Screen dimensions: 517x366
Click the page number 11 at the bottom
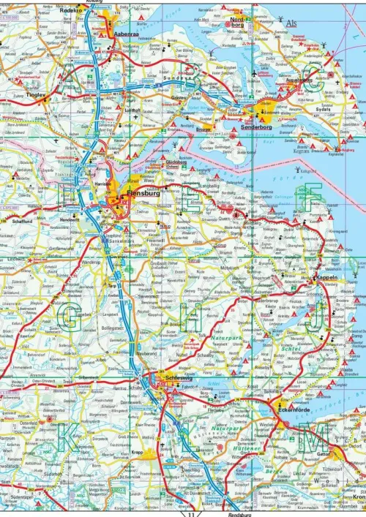click(191, 513)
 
